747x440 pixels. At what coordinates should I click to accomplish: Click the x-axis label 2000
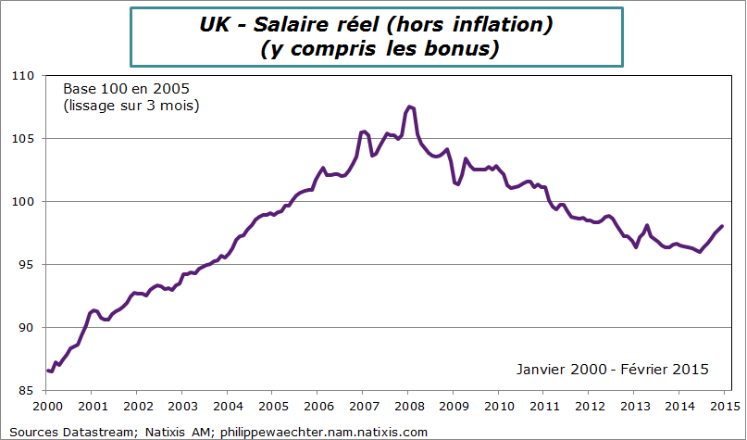pyautogui.click(x=46, y=406)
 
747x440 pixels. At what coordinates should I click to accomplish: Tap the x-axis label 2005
pyautogui.click(x=272, y=406)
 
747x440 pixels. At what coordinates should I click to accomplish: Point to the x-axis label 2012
pyautogui.click(x=589, y=406)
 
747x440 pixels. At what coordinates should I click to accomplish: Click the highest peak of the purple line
pyautogui.click(x=410, y=107)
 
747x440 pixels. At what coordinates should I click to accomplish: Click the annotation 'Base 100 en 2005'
pyautogui.click(x=126, y=89)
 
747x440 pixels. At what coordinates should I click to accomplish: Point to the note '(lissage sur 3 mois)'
pyautogui.click(x=131, y=106)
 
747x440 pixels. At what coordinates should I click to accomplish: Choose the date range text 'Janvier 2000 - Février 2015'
pyautogui.click(x=613, y=369)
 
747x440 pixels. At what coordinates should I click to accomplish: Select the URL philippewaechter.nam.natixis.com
pyautogui.click(x=323, y=432)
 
